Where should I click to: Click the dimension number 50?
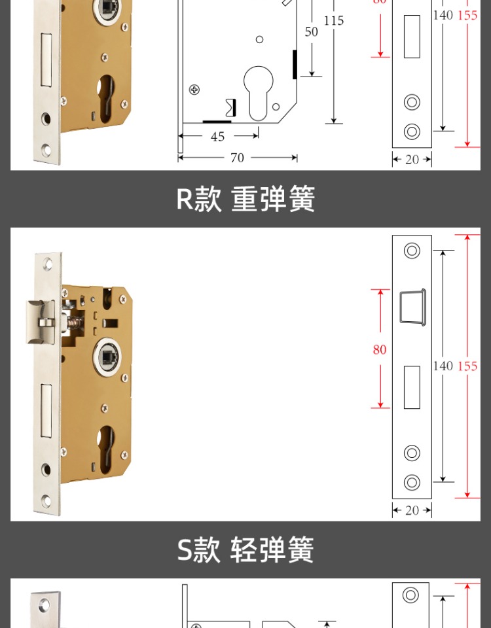pyautogui.click(x=311, y=31)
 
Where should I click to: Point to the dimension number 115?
pyautogui.click(x=333, y=21)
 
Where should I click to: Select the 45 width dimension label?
pyautogui.click(x=217, y=137)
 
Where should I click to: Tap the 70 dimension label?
pyautogui.click(x=237, y=158)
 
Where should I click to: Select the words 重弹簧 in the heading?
pyautogui.click(x=273, y=200)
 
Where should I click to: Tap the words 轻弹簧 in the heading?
pyautogui.click(x=272, y=550)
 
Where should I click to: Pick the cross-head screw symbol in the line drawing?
pyautogui.click(x=194, y=90)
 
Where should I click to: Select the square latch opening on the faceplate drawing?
pyautogui.click(x=412, y=306)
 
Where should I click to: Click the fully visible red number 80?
pyautogui.click(x=380, y=350)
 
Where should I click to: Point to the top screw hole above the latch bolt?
pyautogui.click(x=47, y=264)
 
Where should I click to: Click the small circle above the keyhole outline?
pyautogui.click(x=259, y=40)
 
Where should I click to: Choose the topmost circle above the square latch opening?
pyautogui.click(x=412, y=251)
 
